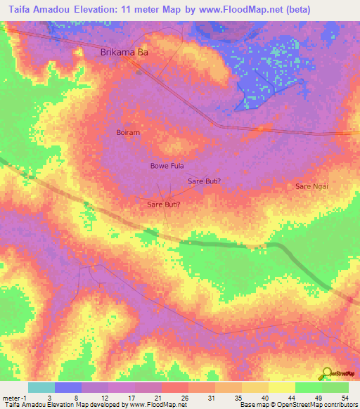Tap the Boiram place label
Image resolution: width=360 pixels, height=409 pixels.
[x=128, y=132]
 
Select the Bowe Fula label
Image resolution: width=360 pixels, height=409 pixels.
[x=167, y=166]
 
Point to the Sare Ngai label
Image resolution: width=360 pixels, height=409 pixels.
[x=311, y=186]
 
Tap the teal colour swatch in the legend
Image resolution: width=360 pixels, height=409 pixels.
[x=41, y=387]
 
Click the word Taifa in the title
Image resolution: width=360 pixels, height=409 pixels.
[x=18, y=8]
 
